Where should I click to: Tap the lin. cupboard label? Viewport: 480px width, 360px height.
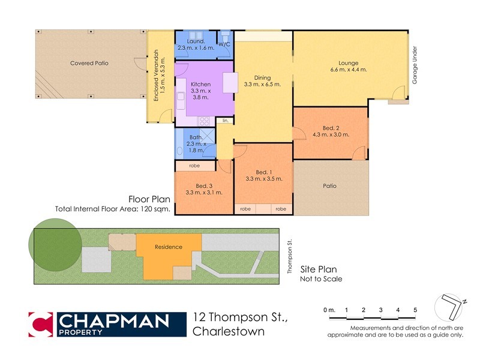point(225,121)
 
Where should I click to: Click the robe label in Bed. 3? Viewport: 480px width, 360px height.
point(194,166)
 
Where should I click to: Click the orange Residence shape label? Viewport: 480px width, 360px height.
point(168,247)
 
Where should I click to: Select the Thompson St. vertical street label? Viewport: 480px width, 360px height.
point(289,256)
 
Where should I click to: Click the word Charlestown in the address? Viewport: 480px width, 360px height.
point(229,331)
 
